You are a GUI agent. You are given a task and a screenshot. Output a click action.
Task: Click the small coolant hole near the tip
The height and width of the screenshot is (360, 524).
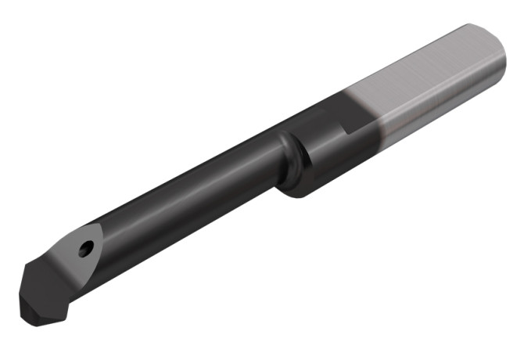tap(85, 248)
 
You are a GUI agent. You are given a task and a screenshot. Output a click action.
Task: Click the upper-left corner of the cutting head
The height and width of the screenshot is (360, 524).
tap(27, 266)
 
